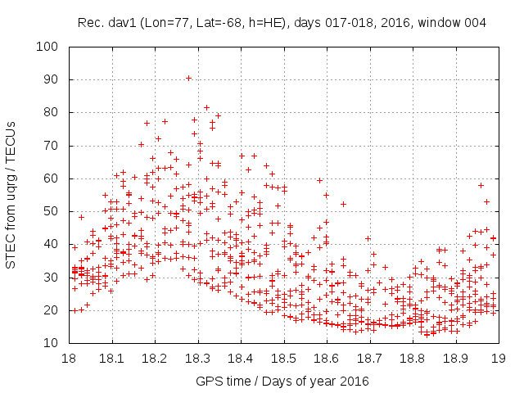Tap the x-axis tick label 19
pyautogui.click(x=497, y=358)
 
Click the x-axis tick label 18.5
pyautogui.click(x=282, y=358)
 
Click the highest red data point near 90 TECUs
pyautogui.click(x=188, y=79)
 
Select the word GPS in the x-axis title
pyautogui.click(x=208, y=381)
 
